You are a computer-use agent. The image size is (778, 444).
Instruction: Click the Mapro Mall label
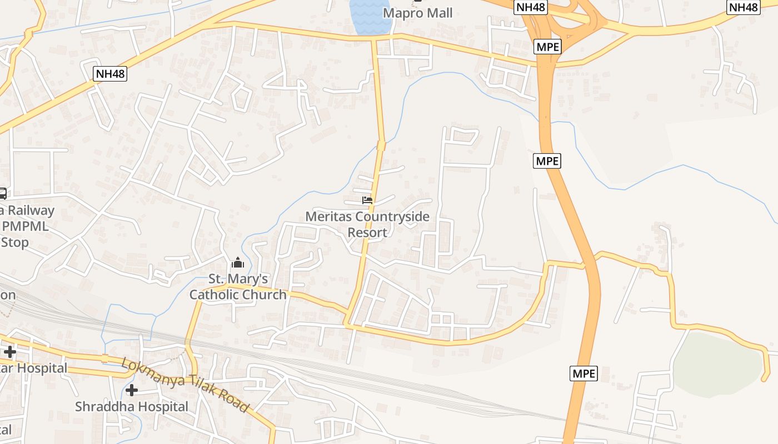pos(418,12)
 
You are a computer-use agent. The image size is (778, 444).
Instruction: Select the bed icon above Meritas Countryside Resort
pos(367,200)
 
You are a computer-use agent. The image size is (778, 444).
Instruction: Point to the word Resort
pos(367,232)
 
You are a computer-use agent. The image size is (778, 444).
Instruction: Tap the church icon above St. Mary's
pos(238,263)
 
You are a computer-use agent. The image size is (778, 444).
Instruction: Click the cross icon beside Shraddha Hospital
pos(132,390)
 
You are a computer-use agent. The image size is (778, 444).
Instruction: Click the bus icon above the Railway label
pos(2,194)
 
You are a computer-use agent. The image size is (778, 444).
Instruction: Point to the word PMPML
pos(25,226)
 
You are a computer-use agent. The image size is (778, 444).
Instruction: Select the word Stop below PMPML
pos(15,243)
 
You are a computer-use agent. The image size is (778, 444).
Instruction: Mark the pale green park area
pos(717,364)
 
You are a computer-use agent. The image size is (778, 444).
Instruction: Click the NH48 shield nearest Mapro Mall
pos(531,7)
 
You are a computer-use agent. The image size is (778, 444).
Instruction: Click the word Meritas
pos(328,216)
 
